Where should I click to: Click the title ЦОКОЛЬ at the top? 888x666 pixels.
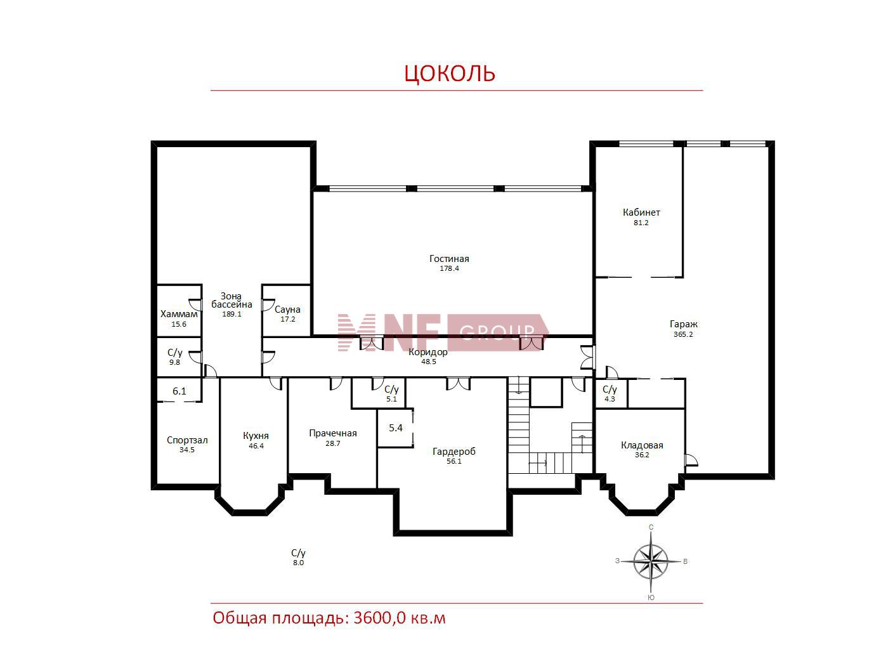point(450,73)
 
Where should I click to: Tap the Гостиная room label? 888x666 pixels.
point(449,258)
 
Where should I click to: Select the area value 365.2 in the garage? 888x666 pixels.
point(683,334)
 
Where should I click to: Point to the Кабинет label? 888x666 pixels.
point(641,212)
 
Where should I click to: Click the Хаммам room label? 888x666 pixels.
point(180,314)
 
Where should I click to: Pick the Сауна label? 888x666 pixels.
point(287,310)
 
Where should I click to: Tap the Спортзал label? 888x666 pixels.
point(187,440)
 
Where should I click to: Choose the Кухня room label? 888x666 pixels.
point(256,436)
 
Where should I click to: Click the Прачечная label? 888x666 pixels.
point(333,433)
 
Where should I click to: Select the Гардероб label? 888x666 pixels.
point(454,452)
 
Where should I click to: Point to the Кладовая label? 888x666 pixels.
point(642,445)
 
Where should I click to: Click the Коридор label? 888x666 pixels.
point(428,352)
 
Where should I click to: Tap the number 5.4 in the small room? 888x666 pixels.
point(396,428)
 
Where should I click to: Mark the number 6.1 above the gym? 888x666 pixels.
point(180,391)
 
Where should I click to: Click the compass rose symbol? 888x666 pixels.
point(651,562)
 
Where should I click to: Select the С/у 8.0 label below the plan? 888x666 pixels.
point(298,558)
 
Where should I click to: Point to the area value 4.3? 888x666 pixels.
point(610,399)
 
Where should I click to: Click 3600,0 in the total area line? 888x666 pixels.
point(379,618)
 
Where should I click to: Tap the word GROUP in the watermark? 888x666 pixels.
point(497,332)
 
